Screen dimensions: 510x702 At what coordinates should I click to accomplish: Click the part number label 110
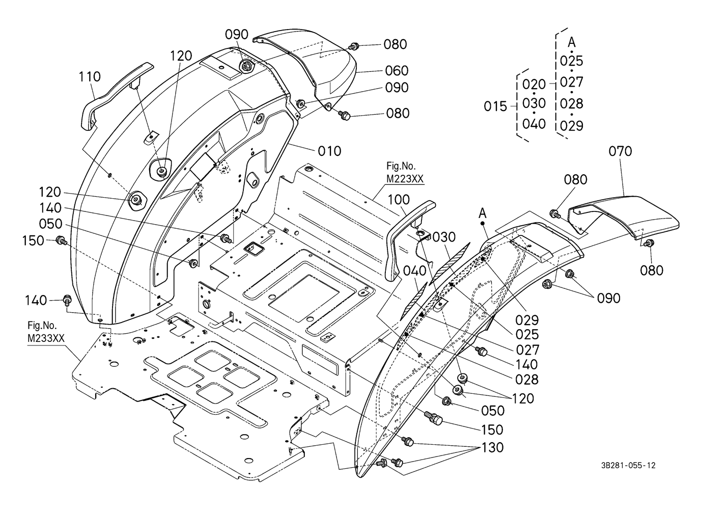pos(90,77)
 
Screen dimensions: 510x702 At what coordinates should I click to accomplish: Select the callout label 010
pos(329,151)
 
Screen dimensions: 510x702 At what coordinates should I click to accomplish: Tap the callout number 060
pos(397,71)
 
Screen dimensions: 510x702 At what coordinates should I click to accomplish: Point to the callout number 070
pos(620,151)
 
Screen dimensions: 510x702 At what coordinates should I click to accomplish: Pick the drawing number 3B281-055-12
pos(628,465)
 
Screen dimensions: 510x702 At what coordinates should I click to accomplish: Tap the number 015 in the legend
pos(496,106)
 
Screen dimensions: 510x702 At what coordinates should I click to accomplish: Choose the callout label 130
pos(492,447)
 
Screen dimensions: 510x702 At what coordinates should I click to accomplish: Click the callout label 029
pos(526,320)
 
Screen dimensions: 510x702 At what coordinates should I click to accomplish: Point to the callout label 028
pos(526,380)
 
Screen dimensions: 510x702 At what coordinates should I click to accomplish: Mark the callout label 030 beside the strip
pos(444,237)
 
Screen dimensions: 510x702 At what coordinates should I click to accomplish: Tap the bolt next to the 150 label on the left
pos(61,240)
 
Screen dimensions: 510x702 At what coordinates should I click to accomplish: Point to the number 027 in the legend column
pos(571,82)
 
